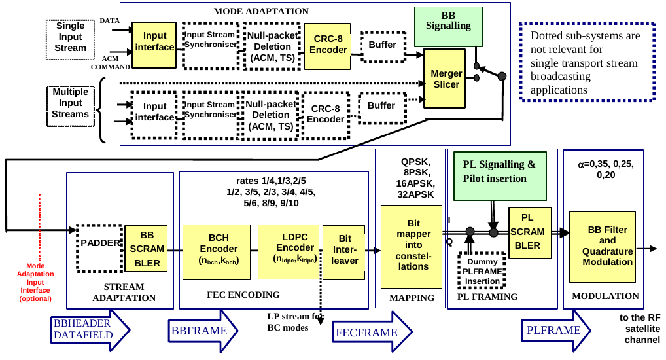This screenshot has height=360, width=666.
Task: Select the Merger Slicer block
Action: tap(446, 79)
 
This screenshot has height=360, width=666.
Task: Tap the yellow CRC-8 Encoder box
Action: tap(328, 45)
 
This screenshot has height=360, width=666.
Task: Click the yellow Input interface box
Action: tap(154, 42)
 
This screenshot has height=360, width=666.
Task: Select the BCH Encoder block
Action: tap(215, 249)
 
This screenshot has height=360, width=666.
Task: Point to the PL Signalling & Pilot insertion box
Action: tap(499, 171)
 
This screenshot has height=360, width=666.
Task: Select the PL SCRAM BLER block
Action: tap(527, 231)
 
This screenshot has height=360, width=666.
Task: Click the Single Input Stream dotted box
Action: tap(71, 36)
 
